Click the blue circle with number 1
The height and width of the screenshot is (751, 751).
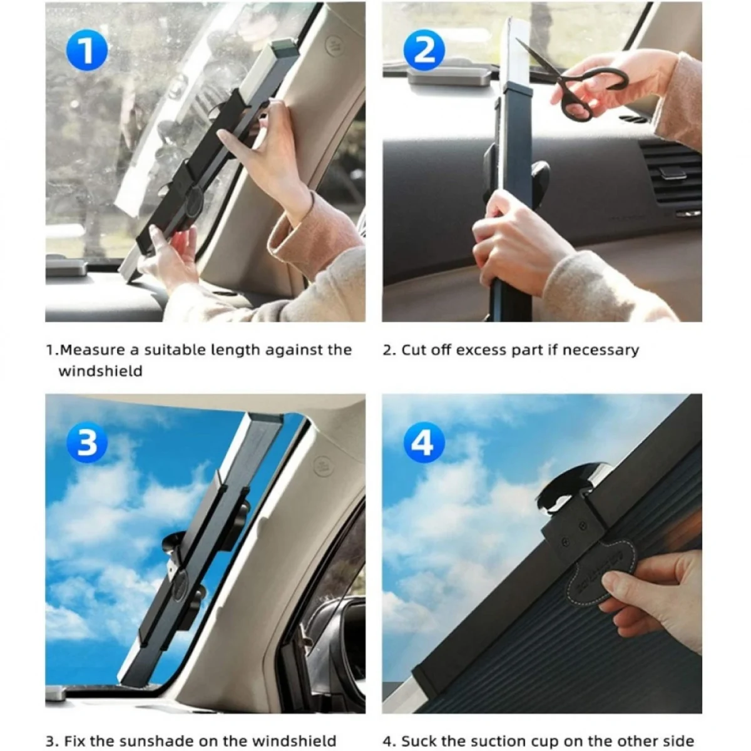[x=86, y=51]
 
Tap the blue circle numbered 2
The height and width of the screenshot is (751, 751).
[x=424, y=51]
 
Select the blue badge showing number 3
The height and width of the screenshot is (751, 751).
[x=86, y=443]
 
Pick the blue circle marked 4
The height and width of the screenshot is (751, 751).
[x=424, y=443]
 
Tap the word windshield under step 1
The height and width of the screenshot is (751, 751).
[x=101, y=371]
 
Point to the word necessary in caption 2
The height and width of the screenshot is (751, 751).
[x=601, y=350]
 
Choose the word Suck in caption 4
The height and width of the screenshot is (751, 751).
[x=419, y=730]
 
